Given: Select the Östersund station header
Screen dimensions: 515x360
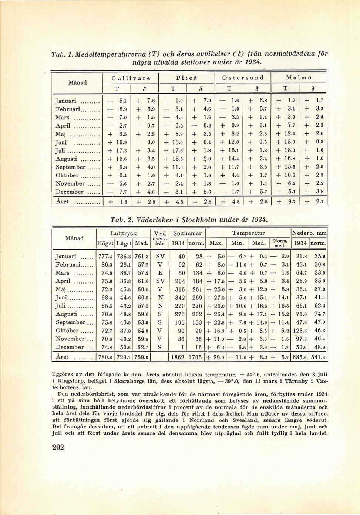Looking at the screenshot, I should (243, 78).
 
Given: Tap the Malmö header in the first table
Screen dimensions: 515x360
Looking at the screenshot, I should (299, 78).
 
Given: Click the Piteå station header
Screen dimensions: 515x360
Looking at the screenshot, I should (187, 78).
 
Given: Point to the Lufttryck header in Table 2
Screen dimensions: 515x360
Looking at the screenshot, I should (123, 233).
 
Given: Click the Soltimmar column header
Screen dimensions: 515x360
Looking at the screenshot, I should (187, 233).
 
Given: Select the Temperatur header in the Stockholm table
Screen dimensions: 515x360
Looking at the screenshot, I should (248, 233).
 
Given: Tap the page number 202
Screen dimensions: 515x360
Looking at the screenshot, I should (58, 447).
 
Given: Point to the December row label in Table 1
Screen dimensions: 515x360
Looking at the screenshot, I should (70, 192).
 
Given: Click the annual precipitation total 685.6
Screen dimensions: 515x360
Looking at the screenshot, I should (300, 358).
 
